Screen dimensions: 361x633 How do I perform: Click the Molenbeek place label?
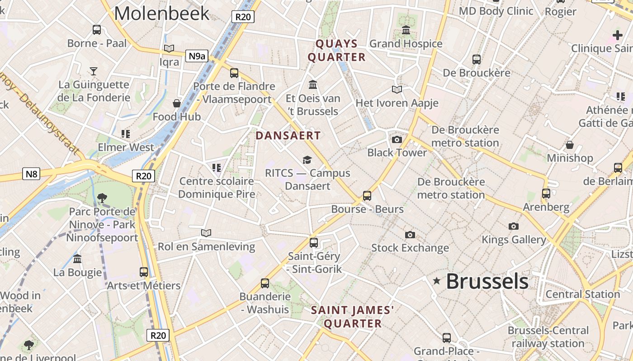tap(161, 13)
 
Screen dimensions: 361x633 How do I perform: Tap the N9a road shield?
tap(197, 56)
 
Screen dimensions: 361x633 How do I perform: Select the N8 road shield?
tap(31, 174)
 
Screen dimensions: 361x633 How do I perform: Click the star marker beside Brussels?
tap(436, 281)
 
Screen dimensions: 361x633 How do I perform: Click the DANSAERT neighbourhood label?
tap(288, 135)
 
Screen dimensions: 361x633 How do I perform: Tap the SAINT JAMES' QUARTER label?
tap(353, 317)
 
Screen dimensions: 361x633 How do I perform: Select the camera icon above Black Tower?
tap(397, 139)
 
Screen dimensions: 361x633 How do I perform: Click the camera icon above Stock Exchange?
tap(410, 235)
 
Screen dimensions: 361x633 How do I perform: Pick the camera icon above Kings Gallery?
tap(513, 226)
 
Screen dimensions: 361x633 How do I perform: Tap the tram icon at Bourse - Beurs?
tap(367, 196)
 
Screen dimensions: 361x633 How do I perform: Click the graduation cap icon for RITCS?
tap(307, 160)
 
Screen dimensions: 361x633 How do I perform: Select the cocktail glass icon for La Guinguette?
tap(94, 71)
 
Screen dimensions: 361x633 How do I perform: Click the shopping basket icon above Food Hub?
tap(177, 103)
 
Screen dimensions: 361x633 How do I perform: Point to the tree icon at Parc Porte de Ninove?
tap(102, 198)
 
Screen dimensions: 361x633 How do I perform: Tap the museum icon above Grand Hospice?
tap(406, 30)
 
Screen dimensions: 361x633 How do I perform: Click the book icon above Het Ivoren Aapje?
tap(397, 90)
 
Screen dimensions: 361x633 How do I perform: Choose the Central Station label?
tap(582, 294)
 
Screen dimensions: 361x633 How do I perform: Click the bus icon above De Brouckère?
tap(476, 59)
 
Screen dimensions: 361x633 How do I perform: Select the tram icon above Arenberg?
tap(546, 194)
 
